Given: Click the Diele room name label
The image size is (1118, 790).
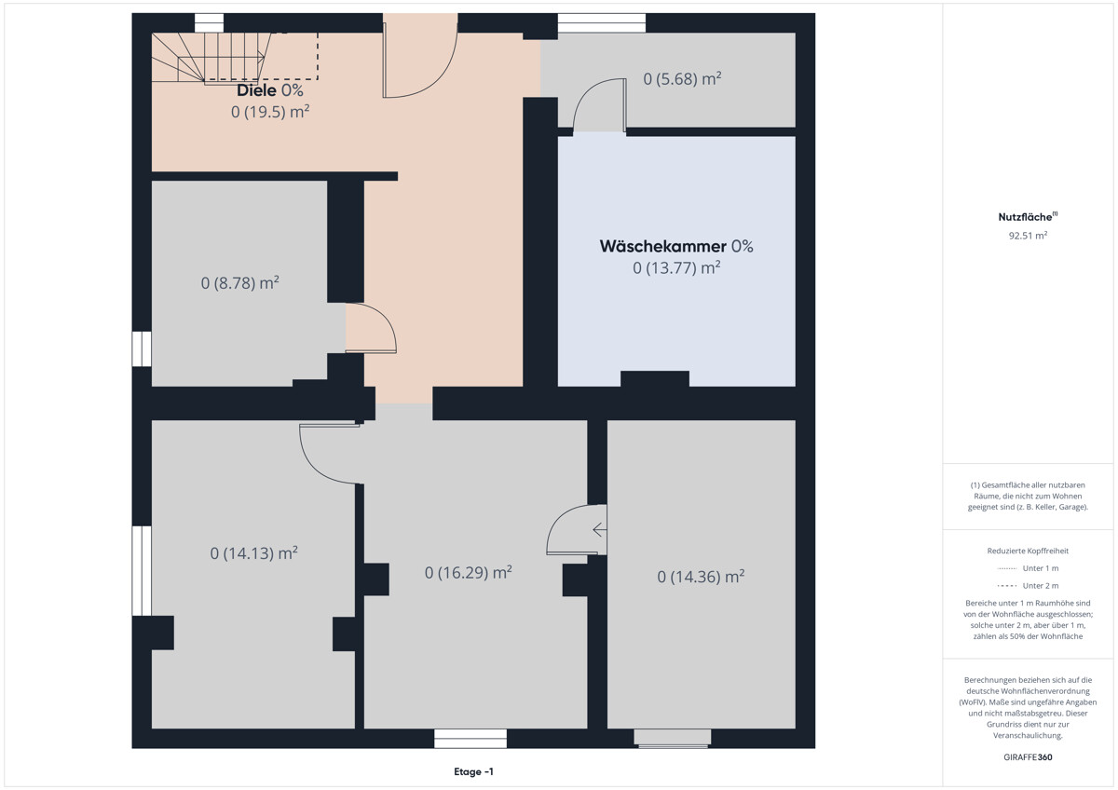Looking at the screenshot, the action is [x=256, y=90].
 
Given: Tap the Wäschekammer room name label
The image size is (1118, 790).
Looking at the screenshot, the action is [x=662, y=246].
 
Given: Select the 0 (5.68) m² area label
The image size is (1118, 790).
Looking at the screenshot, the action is [x=682, y=79].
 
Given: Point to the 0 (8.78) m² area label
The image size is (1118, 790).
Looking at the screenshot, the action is [x=240, y=283].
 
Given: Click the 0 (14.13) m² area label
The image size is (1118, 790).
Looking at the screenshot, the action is [x=254, y=553].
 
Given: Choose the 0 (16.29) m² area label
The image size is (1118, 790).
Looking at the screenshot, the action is [x=468, y=572].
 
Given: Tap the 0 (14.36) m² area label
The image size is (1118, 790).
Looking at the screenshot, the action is [x=701, y=577].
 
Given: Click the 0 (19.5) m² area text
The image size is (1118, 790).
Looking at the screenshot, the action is [x=270, y=112].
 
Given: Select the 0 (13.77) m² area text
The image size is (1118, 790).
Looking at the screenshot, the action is [x=676, y=268].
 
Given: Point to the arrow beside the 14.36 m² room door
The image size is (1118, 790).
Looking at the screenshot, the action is [x=599, y=529].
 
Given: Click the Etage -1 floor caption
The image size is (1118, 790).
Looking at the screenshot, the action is [x=473, y=771].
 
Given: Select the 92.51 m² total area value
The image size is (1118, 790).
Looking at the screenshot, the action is [x=1028, y=236].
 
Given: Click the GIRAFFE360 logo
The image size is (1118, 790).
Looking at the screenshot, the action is [x=1028, y=757].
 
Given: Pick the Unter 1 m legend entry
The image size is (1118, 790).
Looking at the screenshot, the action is [x=1028, y=568].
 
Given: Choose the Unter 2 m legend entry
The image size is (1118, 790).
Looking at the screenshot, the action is [x=1028, y=586].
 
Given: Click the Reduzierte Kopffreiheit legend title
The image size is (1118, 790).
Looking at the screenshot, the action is [x=1028, y=551].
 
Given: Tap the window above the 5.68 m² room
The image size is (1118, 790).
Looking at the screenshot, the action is [x=602, y=23].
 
